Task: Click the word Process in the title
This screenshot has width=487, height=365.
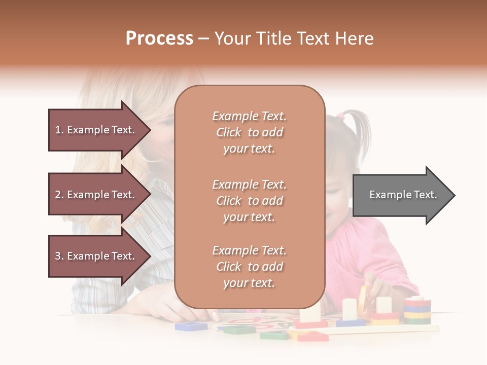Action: click(x=159, y=39)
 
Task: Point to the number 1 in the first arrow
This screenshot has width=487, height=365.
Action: click(x=58, y=130)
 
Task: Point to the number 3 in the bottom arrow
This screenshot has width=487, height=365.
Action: click(x=58, y=256)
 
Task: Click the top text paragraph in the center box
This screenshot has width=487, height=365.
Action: click(x=249, y=132)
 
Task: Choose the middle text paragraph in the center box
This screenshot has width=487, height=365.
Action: click(x=249, y=201)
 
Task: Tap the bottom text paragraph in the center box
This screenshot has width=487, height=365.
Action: click(x=249, y=267)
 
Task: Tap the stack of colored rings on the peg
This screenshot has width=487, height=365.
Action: click(x=417, y=310)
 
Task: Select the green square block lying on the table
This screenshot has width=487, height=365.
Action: click(x=239, y=330)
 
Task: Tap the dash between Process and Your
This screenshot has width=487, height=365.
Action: click(x=203, y=39)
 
